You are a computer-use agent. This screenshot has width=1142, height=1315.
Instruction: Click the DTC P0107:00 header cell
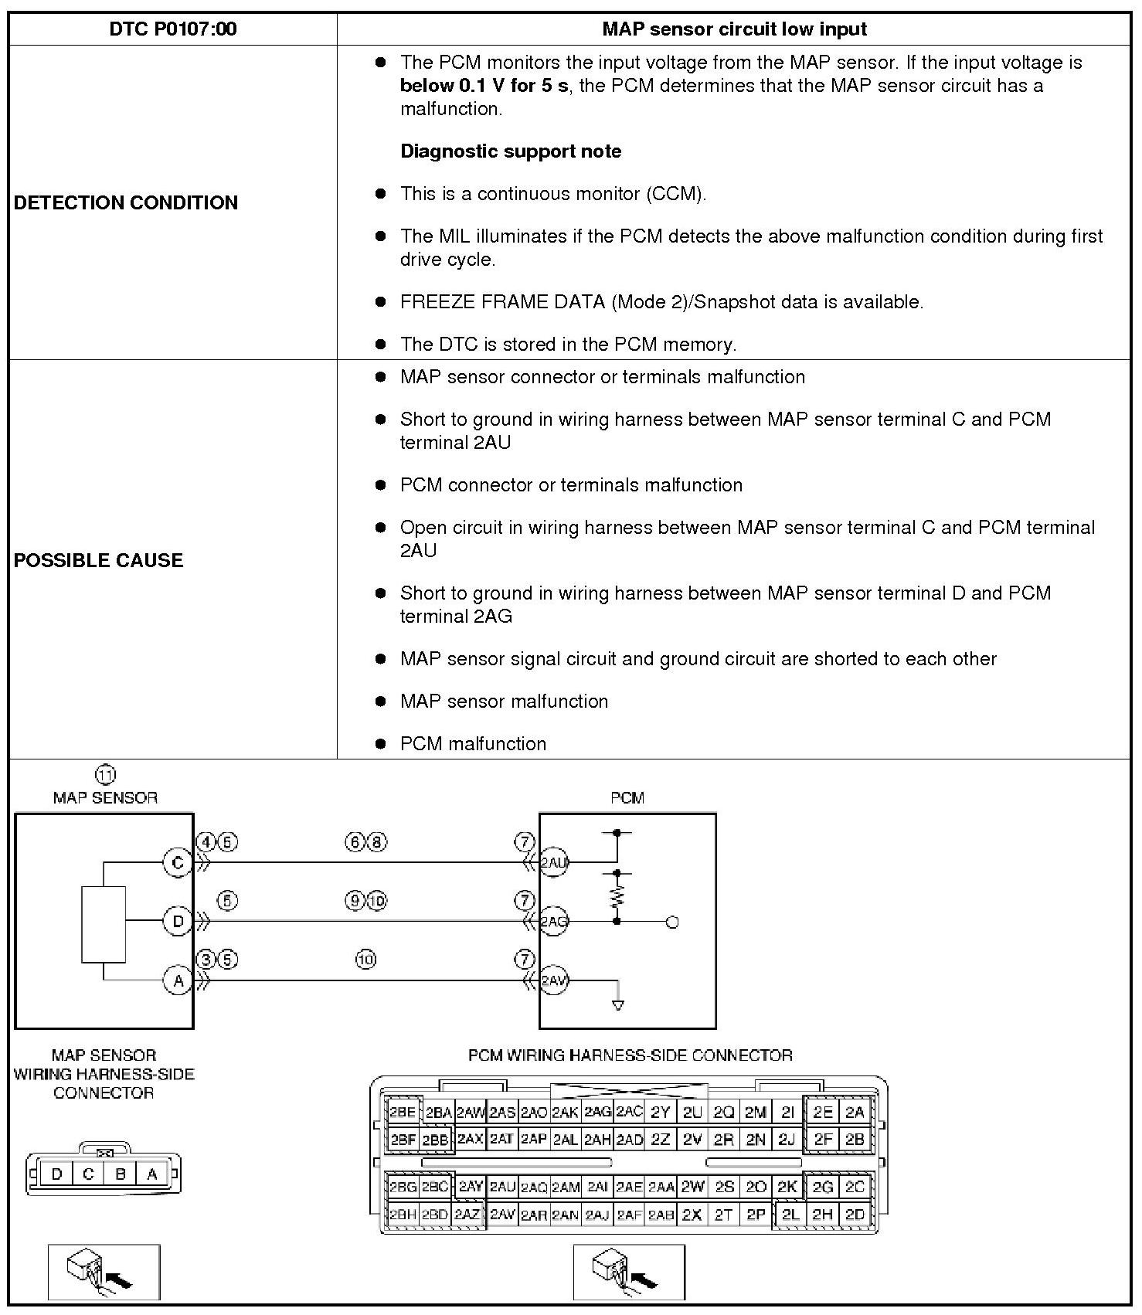point(172,29)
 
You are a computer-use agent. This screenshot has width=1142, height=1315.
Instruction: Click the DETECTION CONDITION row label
point(126,202)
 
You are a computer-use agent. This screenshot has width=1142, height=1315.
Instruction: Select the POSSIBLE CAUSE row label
point(98,560)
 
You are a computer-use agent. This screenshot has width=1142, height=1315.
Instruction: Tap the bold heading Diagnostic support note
point(511,151)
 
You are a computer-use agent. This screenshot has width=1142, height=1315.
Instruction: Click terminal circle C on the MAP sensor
point(178,862)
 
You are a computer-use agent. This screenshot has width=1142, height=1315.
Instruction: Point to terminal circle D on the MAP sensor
point(178,921)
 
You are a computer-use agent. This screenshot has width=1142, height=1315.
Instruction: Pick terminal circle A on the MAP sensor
point(178,980)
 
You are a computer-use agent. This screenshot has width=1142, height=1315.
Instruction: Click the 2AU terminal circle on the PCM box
point(553,862)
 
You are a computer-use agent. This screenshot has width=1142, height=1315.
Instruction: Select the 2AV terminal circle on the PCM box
point(553,980)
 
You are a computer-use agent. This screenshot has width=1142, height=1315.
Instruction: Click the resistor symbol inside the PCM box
point(617,896)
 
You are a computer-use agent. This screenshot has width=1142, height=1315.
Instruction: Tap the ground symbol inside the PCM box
point(617,1004)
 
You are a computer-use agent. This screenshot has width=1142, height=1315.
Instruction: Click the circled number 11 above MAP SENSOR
point(105,775)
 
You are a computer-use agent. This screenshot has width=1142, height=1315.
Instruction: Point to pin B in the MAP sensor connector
point(121,1174)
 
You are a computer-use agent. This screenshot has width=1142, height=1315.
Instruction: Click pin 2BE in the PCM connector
point(402,1113)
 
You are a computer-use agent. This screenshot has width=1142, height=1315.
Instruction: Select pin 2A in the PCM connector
point(855,1113)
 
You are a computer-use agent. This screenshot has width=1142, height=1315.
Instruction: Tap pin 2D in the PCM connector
point(855,1215)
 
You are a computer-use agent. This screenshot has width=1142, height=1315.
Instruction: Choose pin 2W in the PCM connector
point(693,1187)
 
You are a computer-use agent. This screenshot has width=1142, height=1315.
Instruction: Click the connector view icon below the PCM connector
point(629,1273)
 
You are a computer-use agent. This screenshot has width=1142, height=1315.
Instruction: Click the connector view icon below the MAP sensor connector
point(104,1273)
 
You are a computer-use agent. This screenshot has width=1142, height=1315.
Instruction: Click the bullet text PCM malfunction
point(473,744)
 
